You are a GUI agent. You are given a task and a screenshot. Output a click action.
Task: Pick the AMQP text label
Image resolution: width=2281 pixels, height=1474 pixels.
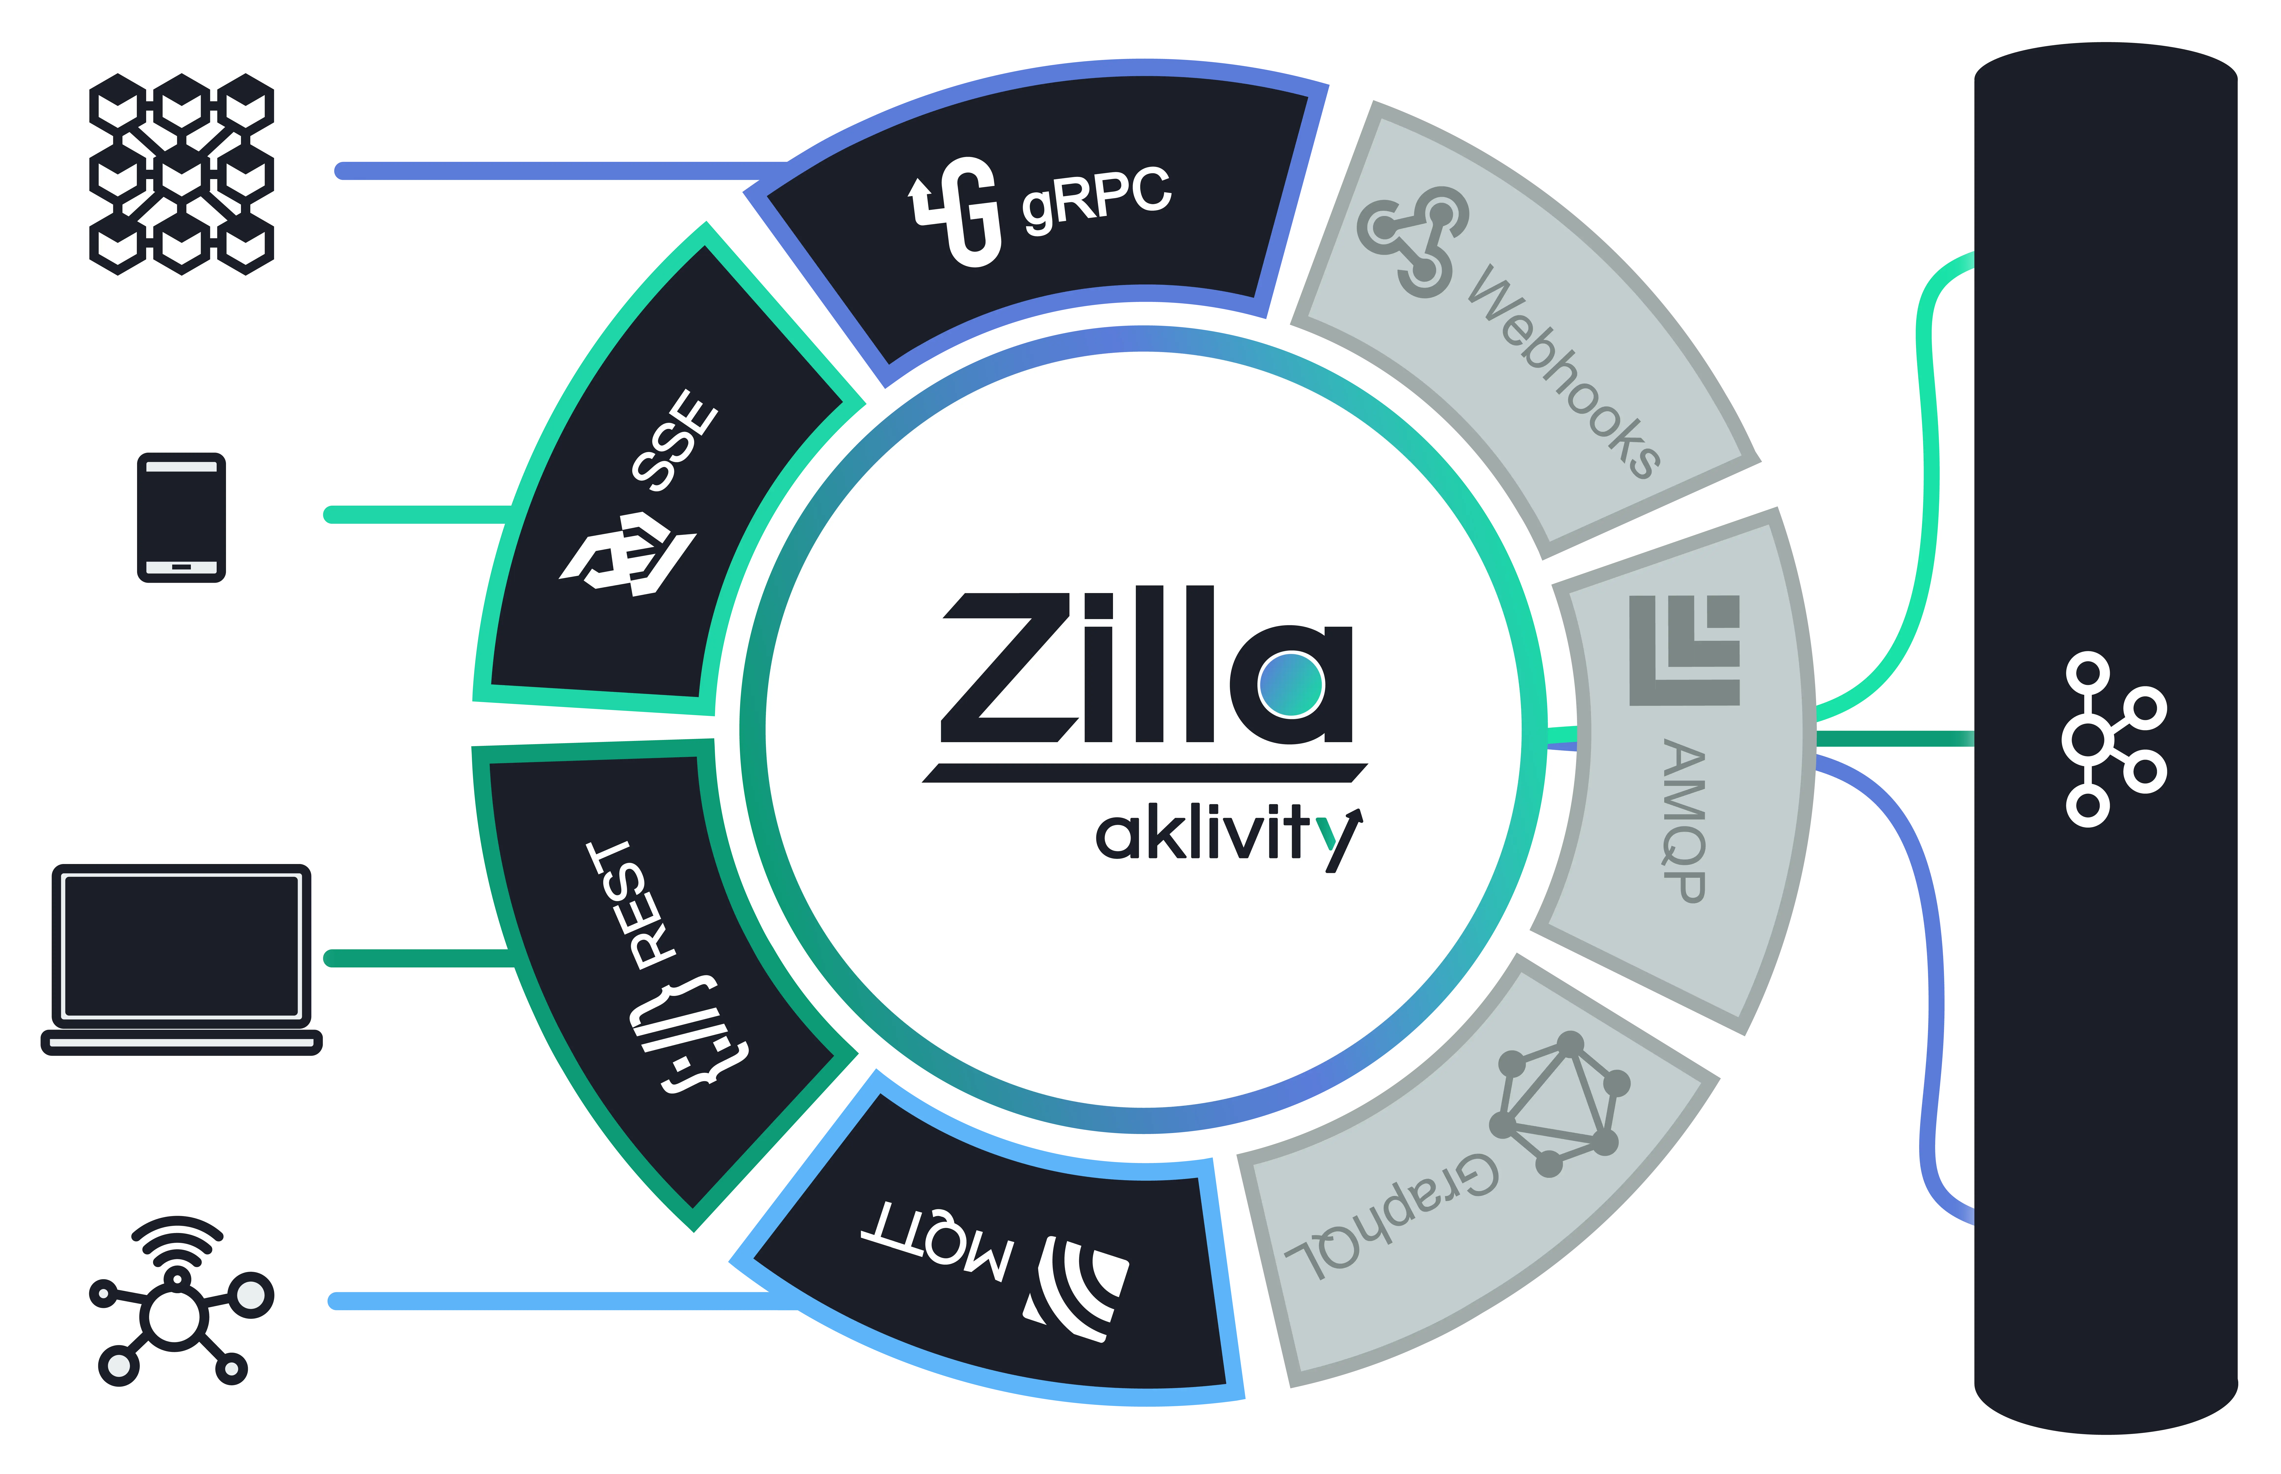click(1684, 820)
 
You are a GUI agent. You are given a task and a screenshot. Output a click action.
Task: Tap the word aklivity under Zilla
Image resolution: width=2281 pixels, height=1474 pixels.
click(1229, 836)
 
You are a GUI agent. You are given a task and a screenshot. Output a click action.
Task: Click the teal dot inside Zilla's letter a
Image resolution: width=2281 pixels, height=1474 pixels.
click(1291, 683)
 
